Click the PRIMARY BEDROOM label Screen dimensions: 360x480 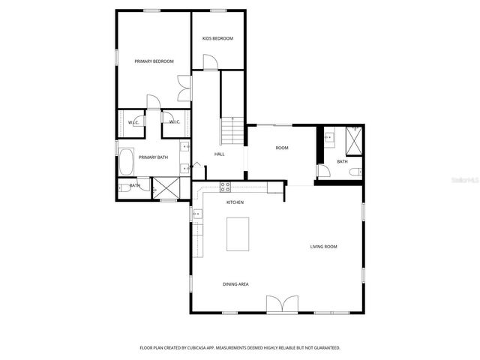point(154,61)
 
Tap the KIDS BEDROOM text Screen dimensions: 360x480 point(218,38)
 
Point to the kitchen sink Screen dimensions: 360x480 point(196,214)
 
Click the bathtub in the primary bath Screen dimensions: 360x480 point(125,161)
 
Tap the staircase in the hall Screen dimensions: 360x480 point(233,133)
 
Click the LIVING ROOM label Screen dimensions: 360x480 point(324,246)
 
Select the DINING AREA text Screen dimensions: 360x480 point(235,284)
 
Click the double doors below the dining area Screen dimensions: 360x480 point(282,303)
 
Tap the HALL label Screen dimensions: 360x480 point(219,154)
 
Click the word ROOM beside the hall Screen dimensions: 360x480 point(282,148)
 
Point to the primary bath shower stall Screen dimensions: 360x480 point(166,188)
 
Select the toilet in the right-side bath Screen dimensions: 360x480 point(355,172)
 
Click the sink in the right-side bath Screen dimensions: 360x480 point(329,137)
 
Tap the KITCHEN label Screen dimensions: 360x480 point(235,202)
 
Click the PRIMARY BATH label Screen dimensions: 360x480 point(152,157)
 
